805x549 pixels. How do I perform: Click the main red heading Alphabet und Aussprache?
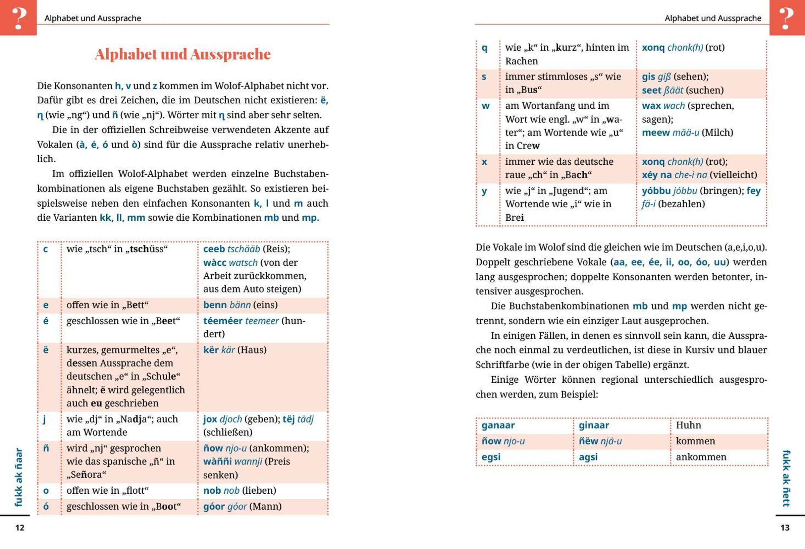tap(182, 54)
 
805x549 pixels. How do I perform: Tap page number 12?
tap(20, 528)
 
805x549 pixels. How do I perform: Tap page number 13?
tap(785, 528)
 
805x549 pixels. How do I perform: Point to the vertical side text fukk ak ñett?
tap(786, 478)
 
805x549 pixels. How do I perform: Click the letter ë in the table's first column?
tap(46, 350)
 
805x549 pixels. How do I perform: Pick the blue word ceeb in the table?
tap(214, 249)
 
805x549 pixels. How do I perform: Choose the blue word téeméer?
tap(223, 321)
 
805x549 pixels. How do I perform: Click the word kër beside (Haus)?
tap(211, 350)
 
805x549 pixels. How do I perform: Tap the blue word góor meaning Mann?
tap(214, 506)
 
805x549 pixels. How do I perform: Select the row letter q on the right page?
tap(485, 48)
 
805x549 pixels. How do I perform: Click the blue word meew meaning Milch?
tap(655, 133)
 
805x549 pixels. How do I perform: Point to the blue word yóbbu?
tap(656, 191)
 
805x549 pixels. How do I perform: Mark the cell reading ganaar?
tap(498, 425)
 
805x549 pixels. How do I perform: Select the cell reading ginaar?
tap(594, 425)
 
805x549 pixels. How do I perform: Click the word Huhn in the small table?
tap(688, 425)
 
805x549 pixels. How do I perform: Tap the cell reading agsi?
tap(588, 457)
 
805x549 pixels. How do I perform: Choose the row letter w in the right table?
tap(486, 106)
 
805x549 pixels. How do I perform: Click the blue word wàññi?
tap(217, 461)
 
